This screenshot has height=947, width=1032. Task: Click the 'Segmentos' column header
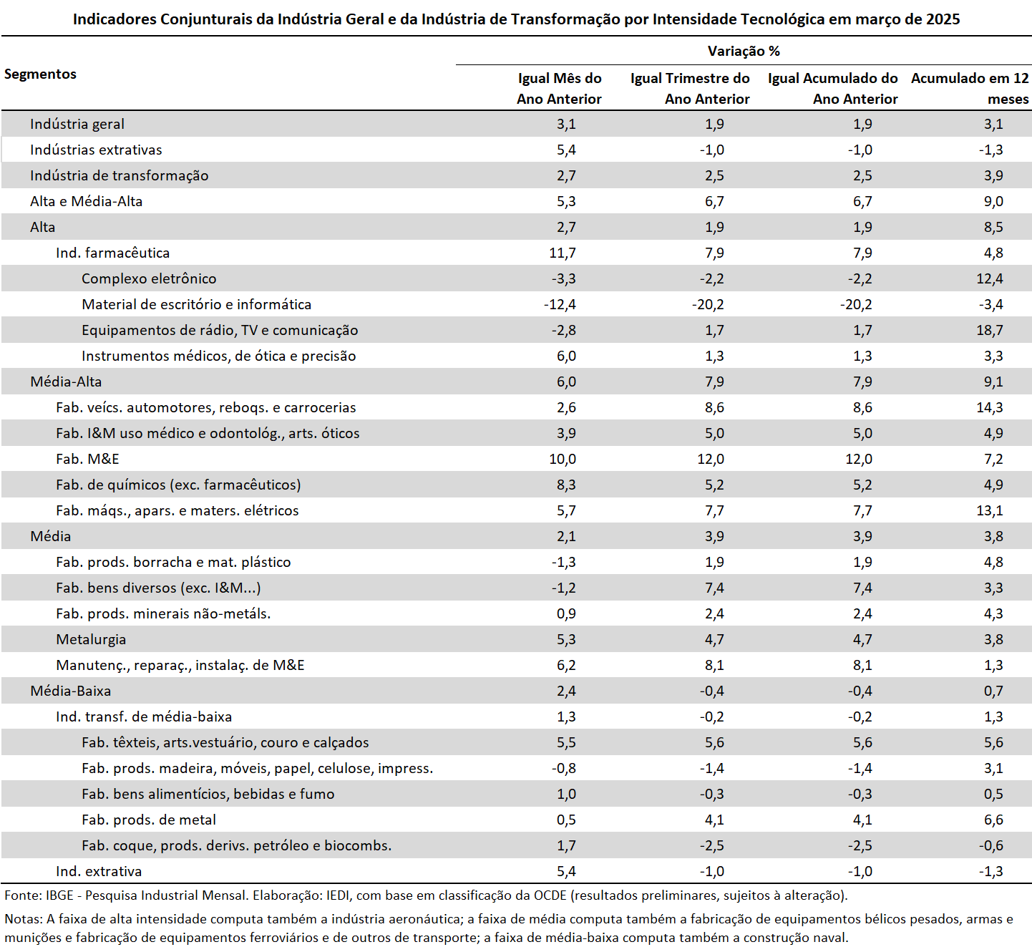point(40,74)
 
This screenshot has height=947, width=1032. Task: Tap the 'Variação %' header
point(744,51)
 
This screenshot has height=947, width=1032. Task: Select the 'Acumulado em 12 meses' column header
point(970,89)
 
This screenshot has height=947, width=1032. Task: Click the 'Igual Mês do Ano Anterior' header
point(559,89)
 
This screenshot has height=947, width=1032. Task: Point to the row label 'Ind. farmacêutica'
point(112,253)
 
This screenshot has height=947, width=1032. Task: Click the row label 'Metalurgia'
point(91,639)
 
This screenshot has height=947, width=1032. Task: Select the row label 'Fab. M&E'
point(87,459)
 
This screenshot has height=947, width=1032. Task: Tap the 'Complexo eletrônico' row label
point(149,278)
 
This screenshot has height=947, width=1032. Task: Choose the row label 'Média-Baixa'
point(70,691)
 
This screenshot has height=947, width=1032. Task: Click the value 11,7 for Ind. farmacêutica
point(563,253)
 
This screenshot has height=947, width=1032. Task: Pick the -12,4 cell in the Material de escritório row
point(560,304)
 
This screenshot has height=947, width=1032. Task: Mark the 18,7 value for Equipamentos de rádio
point(990,330)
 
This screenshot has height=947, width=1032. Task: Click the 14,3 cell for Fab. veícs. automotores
point(990,407)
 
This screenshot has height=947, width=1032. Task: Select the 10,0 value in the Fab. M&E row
point(563,459)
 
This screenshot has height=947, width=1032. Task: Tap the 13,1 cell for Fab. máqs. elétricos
point(990,510)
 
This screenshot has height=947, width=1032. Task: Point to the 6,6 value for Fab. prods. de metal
point(993,820)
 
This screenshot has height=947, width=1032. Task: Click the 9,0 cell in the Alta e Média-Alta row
point(993,201)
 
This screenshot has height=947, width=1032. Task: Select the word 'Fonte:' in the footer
point(23,895)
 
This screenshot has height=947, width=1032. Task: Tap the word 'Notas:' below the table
point(24,918)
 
